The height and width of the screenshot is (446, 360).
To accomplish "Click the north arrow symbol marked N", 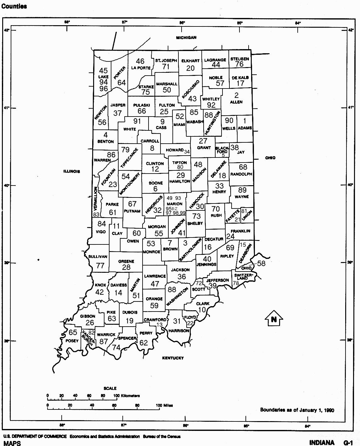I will click(x=274, y=319).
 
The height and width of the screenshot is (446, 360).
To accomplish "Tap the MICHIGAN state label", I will click(x=186, y=37).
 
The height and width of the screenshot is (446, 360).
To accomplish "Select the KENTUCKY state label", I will click(x=173, y=358).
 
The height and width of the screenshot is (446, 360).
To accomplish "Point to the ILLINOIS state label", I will click(x=72, y=171).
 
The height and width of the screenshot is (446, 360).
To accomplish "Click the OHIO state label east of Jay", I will click(x=270, y=158).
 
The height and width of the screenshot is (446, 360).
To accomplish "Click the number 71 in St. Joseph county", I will click(x=166, y=66).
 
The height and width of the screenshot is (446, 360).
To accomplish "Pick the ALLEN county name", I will click(x=236, y=102).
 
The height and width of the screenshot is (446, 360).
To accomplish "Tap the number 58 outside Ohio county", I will click(x=261, y=263).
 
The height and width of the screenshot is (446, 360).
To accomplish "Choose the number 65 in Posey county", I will click(x=73, y=332).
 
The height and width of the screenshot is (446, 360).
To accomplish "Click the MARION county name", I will click(x=175, y=204).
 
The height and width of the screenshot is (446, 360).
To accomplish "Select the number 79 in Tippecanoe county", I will click(x=125, y=150).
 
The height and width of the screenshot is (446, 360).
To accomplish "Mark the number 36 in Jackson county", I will click(x=182, y=277).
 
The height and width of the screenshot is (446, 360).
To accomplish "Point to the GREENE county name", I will click(x=126, y=261).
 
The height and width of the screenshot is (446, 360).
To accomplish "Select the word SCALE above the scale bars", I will click(x=110, y=388).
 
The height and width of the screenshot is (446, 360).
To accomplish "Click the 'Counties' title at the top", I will click(x=14, y=6).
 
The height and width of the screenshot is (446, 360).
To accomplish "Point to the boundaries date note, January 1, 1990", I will click(x=297, y=410).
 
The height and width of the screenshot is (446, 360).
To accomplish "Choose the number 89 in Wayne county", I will click(x=242, y=190).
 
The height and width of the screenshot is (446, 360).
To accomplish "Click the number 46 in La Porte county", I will click(x=140, y=61).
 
